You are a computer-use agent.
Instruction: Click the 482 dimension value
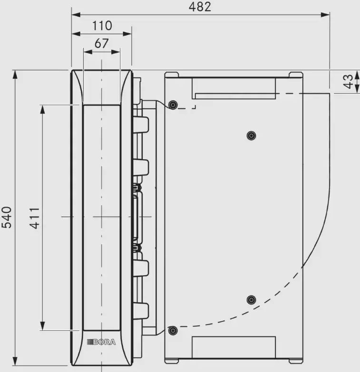pos(200,7)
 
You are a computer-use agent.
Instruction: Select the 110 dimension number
pos(102,25)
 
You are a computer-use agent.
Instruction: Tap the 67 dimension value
pos(101,43)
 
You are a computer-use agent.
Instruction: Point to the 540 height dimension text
pos(7,217)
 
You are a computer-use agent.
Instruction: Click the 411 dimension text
pos(35,218)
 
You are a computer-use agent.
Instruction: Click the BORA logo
pos(101,342)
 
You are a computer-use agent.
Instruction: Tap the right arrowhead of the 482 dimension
pos(325,15)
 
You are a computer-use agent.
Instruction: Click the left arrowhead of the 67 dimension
pos(88,52)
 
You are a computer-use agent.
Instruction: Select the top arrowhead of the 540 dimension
pos(15,75)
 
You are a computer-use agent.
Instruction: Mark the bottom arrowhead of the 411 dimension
pos(42,325)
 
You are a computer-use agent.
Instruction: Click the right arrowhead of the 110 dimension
pos(127,34)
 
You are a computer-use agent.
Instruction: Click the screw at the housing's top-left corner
pos(173,105)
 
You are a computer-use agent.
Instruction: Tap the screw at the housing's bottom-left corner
pos(173,330)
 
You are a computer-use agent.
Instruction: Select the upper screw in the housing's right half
pos(251,136)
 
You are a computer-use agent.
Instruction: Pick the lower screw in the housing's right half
pos(251,300)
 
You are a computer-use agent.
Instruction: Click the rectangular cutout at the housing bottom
pos(234,347)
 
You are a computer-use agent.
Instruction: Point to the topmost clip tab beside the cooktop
pos(141,124)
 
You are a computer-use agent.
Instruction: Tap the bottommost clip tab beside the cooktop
pos(141,311)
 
